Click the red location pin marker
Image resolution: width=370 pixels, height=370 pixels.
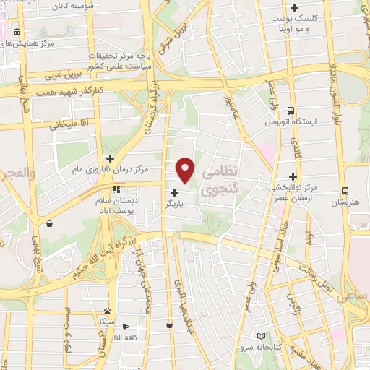[x=186, y=170]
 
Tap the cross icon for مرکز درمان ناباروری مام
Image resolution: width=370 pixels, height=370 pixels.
[x=110, y=158]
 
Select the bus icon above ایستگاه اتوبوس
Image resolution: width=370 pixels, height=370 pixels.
[x=291, y=111]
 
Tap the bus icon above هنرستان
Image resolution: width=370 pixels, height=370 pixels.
[x=345, y=192]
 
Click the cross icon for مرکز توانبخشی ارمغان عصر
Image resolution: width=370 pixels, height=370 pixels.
[x=293, y=176]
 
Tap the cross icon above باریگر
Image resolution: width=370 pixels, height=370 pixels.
[x=174, y=192]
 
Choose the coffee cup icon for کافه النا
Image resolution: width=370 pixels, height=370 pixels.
[x=125, y=327]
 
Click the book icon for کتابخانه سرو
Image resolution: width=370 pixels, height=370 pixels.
[x=261, y=336]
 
